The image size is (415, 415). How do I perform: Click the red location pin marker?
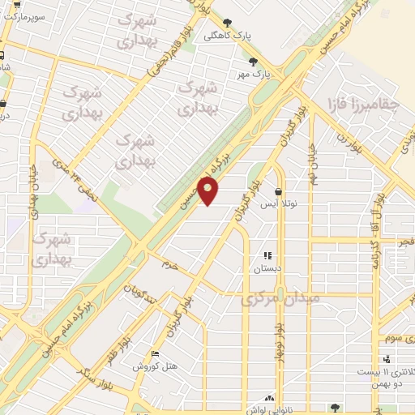coord(209,190)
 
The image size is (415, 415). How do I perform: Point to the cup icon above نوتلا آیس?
coord(279,192)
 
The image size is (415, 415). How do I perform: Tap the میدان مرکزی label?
coord(280,299)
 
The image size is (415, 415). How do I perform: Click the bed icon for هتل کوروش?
coord(156,354)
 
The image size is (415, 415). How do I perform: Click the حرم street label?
coord(169,265)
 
